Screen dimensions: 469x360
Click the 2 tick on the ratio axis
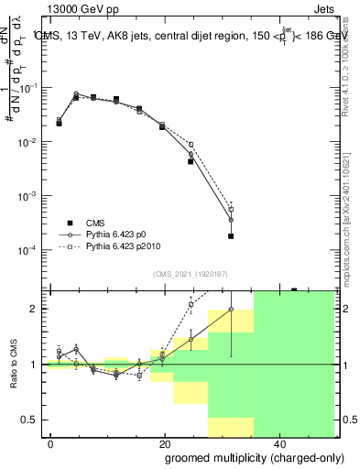[38, 309]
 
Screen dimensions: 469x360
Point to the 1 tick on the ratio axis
[38, 365]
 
